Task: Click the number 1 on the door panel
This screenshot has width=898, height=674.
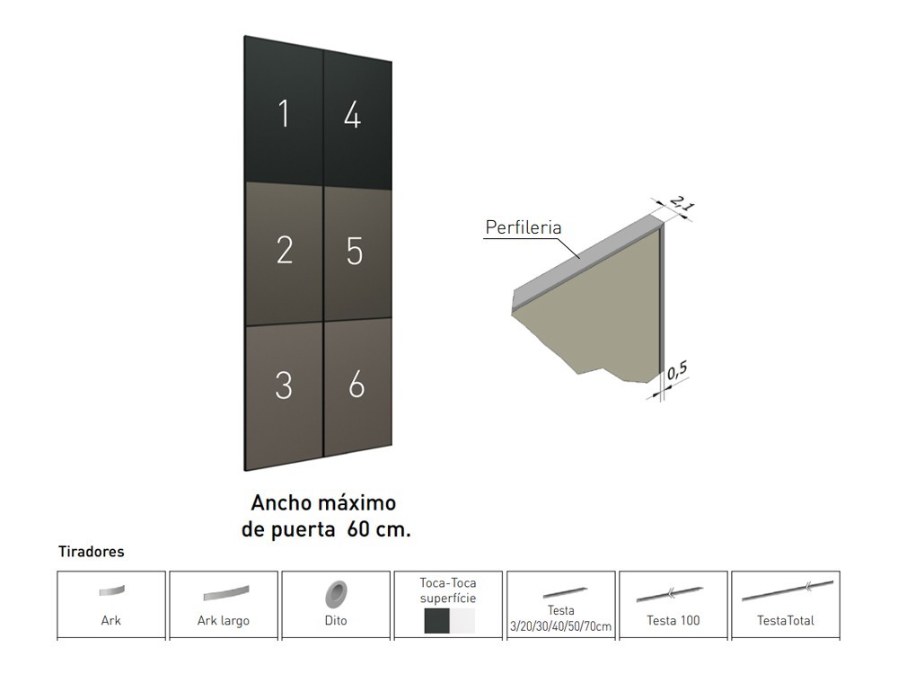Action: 284,115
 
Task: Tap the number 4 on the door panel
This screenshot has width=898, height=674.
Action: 353,115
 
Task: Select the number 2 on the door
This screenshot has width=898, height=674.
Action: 285,250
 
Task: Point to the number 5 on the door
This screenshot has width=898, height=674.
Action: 355,252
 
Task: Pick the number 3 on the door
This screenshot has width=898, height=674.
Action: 284,385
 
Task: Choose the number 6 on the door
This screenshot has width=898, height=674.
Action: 357,385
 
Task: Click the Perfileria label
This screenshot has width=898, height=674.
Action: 523,227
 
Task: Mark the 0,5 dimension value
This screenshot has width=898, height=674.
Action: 678,369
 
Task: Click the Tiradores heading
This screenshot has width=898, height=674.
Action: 91,552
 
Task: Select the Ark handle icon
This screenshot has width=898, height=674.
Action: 111,591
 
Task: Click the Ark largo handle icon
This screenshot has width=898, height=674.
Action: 224,594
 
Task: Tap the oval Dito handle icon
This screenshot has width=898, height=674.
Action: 336,593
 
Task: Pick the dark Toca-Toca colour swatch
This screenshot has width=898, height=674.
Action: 436,621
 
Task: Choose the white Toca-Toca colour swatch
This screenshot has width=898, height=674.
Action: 462,621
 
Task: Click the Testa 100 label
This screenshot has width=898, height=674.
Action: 673,620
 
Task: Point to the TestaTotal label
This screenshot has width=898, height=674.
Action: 786,620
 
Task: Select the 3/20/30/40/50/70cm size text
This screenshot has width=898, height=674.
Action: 561,625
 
